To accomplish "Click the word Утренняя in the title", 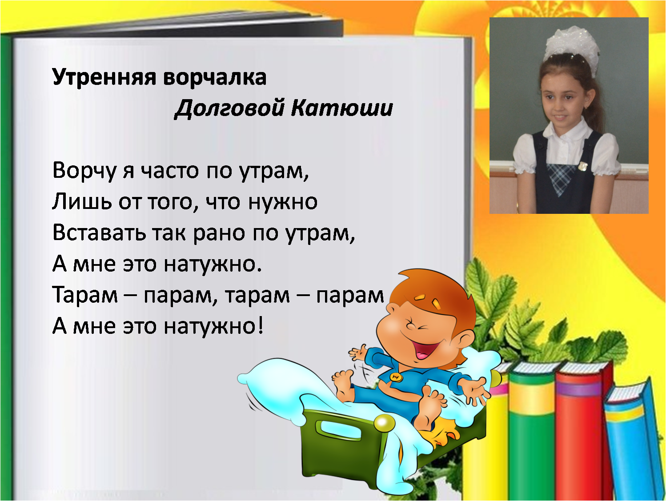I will click(x=104, y=77).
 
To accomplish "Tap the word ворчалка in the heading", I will click(x=215, y=77).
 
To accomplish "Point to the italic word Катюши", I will click(x=342, y=108).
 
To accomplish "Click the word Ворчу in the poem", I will click(x=84, y=171).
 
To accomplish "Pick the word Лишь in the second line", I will click(x=82, y=202).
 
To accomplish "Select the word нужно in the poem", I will click(x=283, y=202).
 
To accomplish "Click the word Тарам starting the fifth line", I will click(x=85, y=295).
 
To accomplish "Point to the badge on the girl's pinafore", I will click(x=582, y=166).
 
